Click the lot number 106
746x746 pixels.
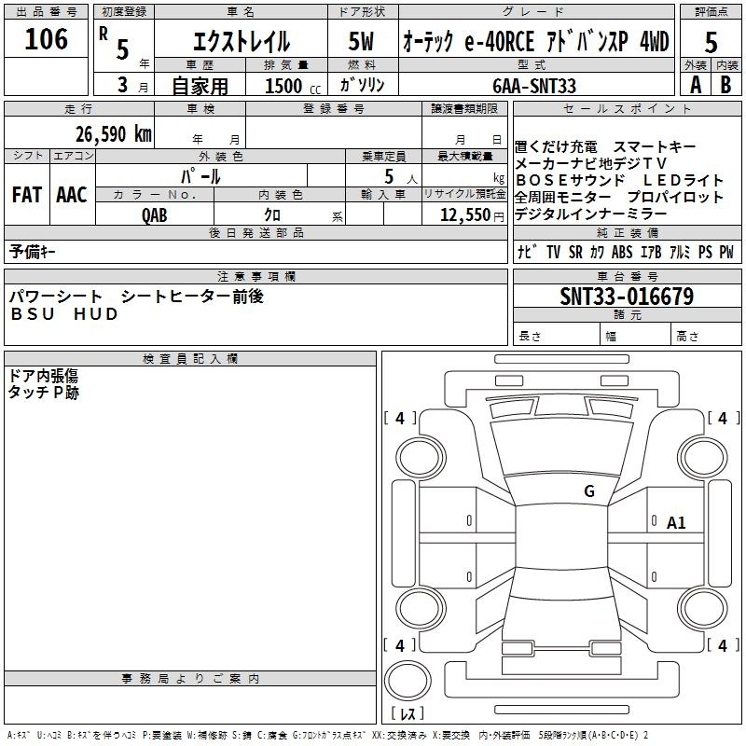[46, 39]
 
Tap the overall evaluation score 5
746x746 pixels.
[711, 43]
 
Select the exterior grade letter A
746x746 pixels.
[696, 85]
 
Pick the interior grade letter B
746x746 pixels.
[725, 85]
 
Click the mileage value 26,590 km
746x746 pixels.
[114, 134]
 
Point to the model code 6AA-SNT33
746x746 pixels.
[534, 86]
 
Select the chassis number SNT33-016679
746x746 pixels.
[627, 297]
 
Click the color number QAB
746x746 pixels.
[155, 215]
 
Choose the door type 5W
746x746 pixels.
[361, 41]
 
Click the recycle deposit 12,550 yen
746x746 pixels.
[472, 215]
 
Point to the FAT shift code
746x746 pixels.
[27, 195]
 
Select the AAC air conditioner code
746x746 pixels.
[72, 195]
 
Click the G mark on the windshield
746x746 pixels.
[589, 491]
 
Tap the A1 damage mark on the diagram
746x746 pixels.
[676, 523]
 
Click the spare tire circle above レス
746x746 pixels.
[408, 681]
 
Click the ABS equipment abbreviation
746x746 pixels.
[622, 252]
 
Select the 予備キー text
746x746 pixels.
[32, 252]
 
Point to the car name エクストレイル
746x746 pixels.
[242, 41]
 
